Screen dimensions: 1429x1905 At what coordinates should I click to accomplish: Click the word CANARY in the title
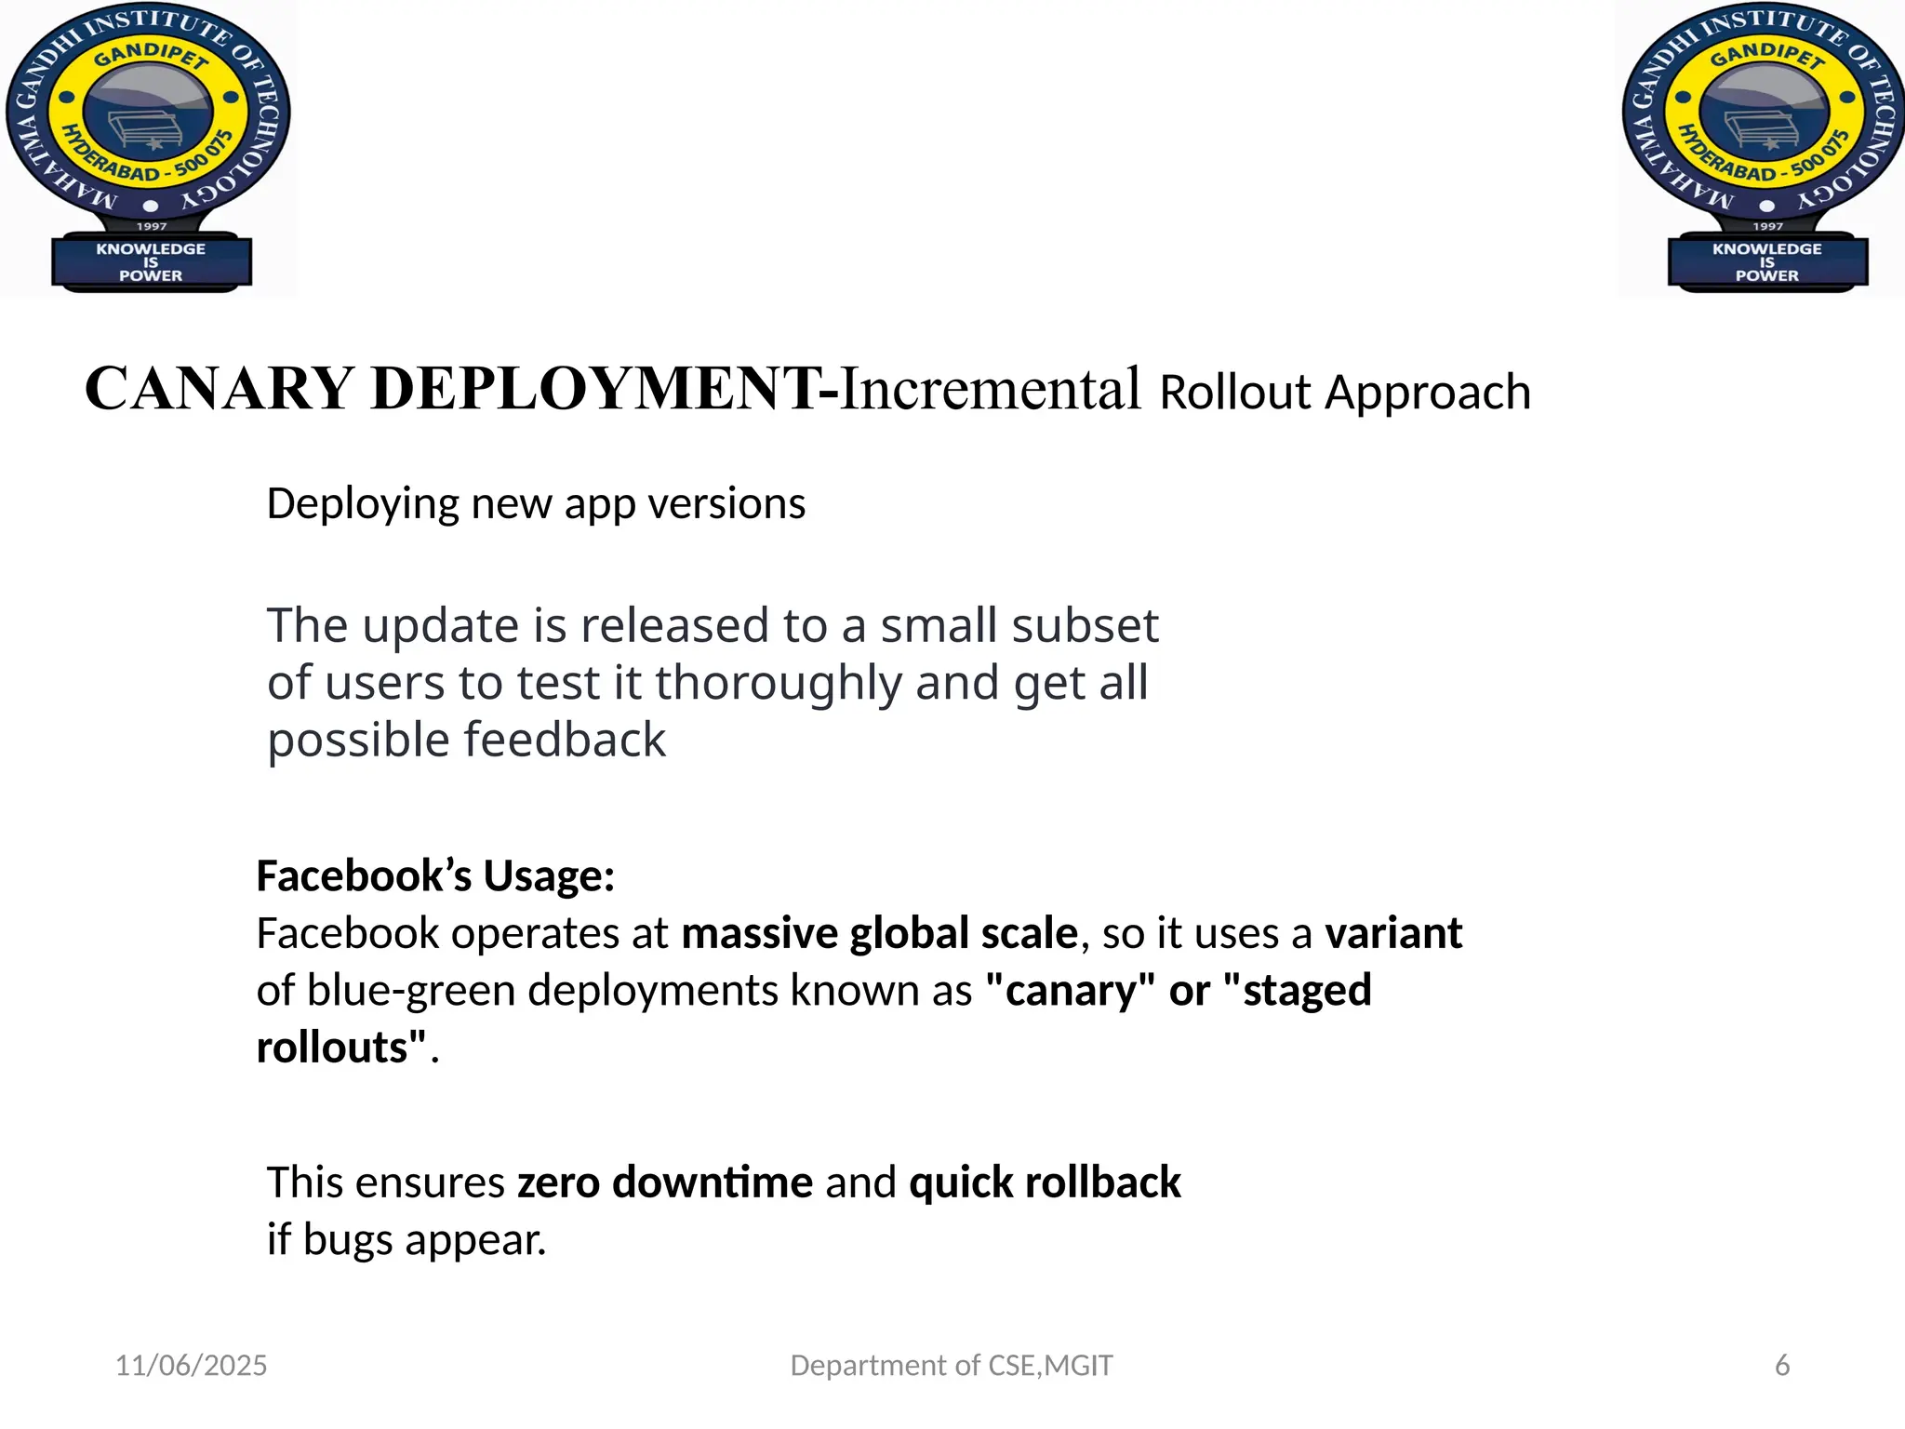click(219, 389)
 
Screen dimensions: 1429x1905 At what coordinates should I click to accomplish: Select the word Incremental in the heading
click(990, 389)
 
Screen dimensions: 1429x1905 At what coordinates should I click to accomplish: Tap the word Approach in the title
click(1428, 393)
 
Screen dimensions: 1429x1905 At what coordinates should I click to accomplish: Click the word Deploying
click(363, 504)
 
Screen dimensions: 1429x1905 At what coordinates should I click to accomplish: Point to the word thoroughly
click(779, 683)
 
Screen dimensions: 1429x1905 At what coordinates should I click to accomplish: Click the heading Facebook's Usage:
click(435, 876)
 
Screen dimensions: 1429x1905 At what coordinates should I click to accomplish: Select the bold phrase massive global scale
click(879, 933)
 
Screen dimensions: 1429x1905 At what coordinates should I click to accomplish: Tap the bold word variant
click(1393, 933)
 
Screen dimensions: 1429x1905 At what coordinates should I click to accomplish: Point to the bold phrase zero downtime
click(665, 1182)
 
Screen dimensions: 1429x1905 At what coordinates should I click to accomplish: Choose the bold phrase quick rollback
click(1045, 1182)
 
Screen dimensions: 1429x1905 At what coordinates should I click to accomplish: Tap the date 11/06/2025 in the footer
click(191, 1365)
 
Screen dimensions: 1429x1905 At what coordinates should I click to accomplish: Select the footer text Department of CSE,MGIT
click(951, 1365)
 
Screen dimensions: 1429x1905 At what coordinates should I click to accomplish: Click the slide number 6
click(1782, 1365)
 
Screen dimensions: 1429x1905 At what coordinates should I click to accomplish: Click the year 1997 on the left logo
click(152, 226)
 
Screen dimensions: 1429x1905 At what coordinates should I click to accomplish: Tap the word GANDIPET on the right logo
click(1767, 56)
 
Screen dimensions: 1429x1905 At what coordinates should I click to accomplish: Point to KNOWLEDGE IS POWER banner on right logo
click(1767, 262)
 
